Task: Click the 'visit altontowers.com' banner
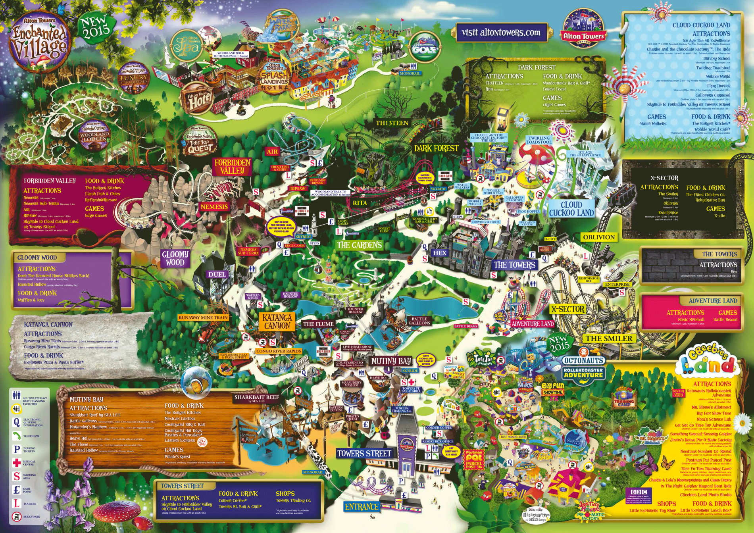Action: coord(501,32)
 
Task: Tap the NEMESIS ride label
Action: coord(214,206)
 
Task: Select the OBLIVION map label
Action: coord(599,237)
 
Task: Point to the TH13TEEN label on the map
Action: coord(392,123)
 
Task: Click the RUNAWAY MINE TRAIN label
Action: coord(203,317)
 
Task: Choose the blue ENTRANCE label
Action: coord(362,507)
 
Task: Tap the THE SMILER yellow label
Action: coord(609,339)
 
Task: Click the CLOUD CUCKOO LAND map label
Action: coord(571,209)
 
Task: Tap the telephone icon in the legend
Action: coord(17,436)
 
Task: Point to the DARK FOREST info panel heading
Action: coord(537,67)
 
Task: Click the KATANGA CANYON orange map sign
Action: coord(277,321)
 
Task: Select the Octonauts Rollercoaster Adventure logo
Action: coord(583,368)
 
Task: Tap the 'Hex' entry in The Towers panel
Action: coord(733,272)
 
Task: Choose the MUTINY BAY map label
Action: coord(391,361)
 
